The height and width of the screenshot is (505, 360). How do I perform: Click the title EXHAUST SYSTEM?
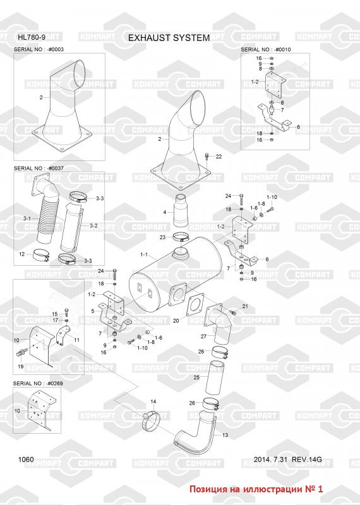tap(169, 38)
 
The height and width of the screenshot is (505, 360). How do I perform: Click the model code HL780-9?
tap(32, 37)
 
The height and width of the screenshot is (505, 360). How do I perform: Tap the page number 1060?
tap(26, 460)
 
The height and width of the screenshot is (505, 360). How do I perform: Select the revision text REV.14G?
tap(306, 460)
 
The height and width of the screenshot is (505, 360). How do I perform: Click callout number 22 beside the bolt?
tap(219, 157)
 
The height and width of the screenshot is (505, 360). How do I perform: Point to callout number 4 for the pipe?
tap(165, 212)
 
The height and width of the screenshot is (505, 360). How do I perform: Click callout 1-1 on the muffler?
tap(144, 254)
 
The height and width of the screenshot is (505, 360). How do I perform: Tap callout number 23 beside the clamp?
tap(162, 237)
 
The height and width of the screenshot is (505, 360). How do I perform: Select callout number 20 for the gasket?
tap(176, 321)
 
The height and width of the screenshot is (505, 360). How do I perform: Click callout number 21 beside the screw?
tap(245, 306)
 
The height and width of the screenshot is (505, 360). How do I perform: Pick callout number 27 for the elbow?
tap(203, 336)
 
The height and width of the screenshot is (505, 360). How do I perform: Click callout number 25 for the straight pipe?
tap(196, 377)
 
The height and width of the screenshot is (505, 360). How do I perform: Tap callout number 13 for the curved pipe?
tap(225, 435)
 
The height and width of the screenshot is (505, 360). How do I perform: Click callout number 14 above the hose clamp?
tap(153, 401)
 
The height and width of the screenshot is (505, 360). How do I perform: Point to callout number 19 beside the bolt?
tap(21, 366)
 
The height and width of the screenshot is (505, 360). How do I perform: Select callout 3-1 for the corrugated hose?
tap(27, 218)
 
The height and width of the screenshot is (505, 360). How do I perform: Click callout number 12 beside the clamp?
tap(21, 254)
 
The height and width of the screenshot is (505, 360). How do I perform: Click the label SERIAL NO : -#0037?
tap(39, 168)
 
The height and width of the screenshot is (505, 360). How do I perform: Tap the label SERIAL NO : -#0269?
tap(38, 383)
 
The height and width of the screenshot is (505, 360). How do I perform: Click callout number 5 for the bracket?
tap(93, 311)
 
